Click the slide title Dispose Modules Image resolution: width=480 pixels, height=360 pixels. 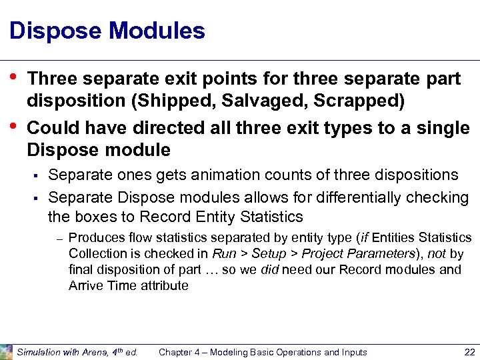tap(107, 31)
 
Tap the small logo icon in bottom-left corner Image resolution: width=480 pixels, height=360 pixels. tap(7, 351)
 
